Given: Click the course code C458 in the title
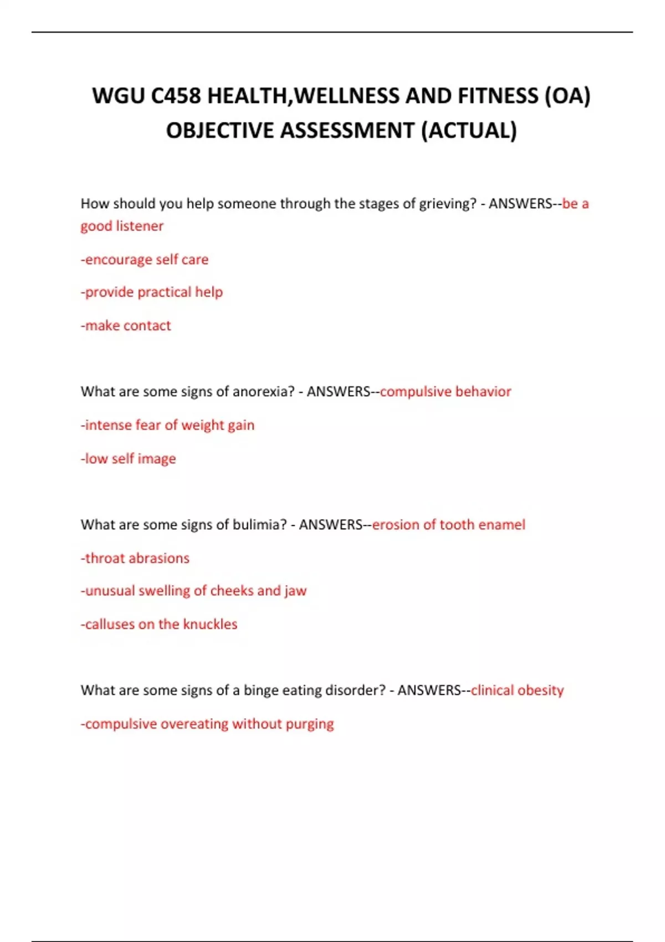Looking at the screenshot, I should tap(176, 96).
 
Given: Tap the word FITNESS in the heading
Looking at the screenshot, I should tap(498, 96).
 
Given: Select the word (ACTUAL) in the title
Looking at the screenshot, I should tap(469, 131).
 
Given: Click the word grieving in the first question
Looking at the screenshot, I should tap(447, 204).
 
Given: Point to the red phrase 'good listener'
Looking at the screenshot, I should tap(122, 226).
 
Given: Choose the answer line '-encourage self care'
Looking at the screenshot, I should tap(145, 259).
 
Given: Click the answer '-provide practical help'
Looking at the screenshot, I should tap(152, 292).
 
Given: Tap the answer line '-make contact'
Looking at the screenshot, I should tap(126, 325).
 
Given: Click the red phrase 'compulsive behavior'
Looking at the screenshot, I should tap(446, 392).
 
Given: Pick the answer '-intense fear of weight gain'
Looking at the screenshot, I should tap(167, 425).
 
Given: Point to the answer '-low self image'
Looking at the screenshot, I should tap(128, 459).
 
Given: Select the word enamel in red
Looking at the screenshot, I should tap(502, 525).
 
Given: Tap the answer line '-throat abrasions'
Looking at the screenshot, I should tap(135, 558).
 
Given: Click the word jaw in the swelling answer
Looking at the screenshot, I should tap(295, 591).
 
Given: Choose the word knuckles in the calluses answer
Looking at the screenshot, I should tap(210, 624).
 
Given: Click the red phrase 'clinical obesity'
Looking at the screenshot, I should tap(517, 690).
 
